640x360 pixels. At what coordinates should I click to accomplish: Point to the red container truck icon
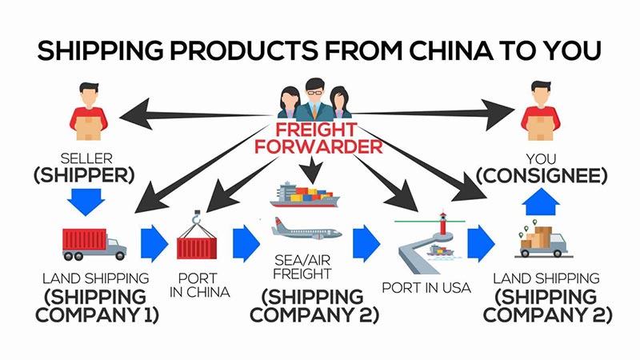(94, 243)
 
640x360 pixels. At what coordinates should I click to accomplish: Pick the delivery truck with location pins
(542, 241)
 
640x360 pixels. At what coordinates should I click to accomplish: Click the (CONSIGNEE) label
(541, 173)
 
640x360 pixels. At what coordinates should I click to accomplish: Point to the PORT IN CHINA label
(199, 285)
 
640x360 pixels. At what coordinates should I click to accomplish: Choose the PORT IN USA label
(422, 286)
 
